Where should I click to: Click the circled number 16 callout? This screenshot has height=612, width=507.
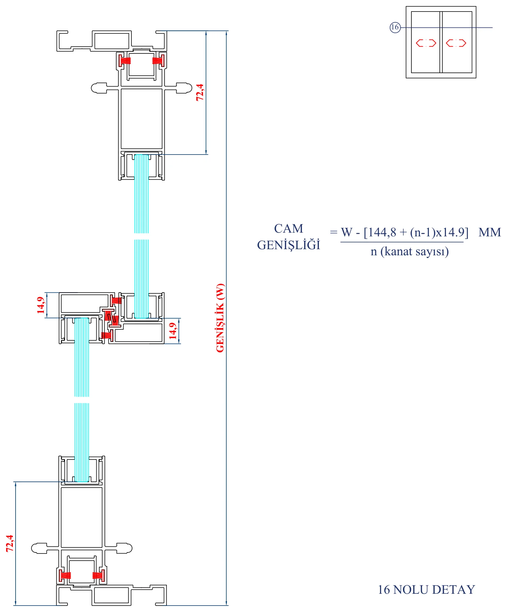395,27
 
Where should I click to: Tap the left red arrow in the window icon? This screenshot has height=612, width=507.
426,43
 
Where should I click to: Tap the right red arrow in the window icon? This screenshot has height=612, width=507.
456,43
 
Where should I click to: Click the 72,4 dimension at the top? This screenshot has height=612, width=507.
200,92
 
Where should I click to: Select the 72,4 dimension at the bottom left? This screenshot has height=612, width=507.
10,543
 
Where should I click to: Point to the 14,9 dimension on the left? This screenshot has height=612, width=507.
41,305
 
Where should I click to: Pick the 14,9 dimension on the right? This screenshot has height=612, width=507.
173,331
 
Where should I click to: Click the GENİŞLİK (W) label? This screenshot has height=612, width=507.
220,318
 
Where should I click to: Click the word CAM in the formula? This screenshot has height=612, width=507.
288,229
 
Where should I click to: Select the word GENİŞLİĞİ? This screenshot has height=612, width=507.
288,245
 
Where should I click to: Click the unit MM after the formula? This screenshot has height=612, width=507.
490,232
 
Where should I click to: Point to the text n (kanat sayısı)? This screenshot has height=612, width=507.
410,251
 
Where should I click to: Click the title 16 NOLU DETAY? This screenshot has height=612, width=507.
426,590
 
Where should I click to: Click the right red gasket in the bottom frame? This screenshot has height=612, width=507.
99,575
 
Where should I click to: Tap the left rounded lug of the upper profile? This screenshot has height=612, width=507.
99,88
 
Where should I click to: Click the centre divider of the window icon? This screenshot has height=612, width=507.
441,42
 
